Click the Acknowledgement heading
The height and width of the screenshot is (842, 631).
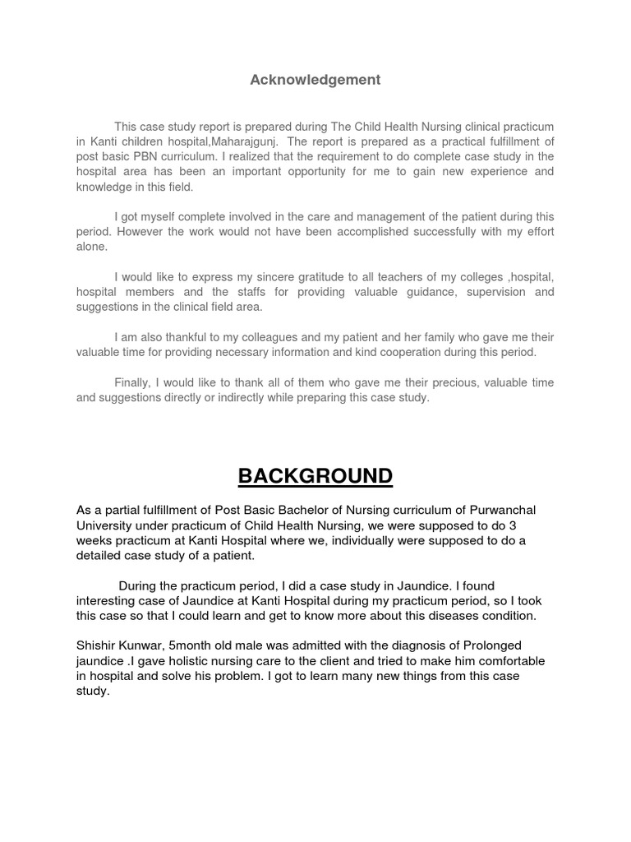[x=315, y=80]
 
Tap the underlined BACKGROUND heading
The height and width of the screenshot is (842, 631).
[x=315, y=476]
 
